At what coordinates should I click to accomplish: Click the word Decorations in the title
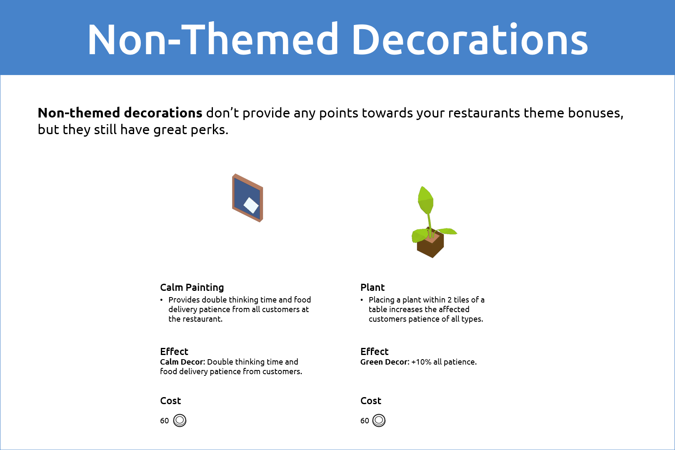(470, 39)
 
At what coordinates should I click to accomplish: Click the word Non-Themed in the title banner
(212, 39)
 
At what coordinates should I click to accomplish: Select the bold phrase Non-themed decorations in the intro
(120, 113)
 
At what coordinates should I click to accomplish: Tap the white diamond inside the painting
(251, 205)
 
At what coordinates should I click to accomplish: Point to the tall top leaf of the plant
(425, 200)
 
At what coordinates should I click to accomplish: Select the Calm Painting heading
(192, 287)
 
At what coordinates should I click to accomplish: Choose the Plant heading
(372, 287)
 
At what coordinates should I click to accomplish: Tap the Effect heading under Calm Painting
(174, 351)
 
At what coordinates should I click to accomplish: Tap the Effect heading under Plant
(374, 351)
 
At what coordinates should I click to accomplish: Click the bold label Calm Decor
(182, 362)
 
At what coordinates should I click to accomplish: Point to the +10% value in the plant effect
(421, 362)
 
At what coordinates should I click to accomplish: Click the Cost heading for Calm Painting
(170, 401)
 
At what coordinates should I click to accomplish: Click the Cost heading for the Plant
(371, 401)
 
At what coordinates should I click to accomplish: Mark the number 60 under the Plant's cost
(365, 421)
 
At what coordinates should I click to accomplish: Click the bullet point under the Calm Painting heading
(162, 300)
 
